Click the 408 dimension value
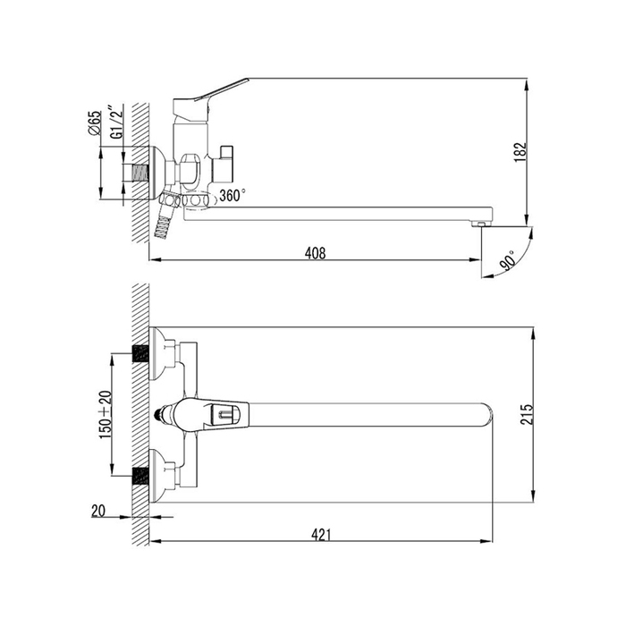click(x=315, y=253)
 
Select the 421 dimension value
click(x=321, y=535)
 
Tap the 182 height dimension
click(x=520, y=152)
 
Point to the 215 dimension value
click(x=527, y=414)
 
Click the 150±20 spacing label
click(x=106, y=415)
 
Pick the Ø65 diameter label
click(x=95, y=123)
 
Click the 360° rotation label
click(x=233, y=195)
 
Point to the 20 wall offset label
click(x=98, y=511)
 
